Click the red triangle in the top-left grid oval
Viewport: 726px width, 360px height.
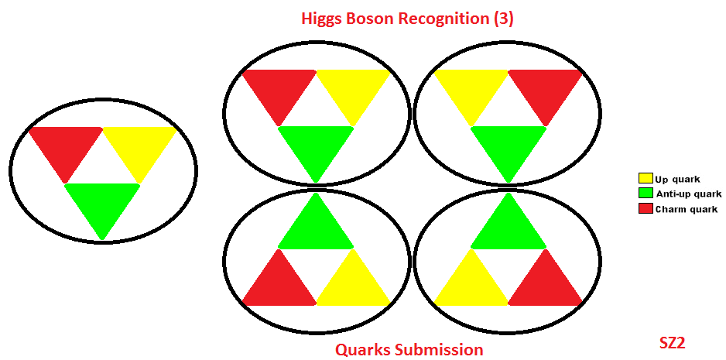(279, 89)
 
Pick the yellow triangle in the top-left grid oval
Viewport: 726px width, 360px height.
(353, 89)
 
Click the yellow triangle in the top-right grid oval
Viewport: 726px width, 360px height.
(471, 89)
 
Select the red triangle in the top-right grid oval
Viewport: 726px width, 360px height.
(545, 89)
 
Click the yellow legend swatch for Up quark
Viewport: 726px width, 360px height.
(646, 180)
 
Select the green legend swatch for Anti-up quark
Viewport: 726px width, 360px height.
(646, 194)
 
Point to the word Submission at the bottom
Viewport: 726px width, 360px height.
(440, 350)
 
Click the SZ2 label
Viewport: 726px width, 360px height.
(672, 341)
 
